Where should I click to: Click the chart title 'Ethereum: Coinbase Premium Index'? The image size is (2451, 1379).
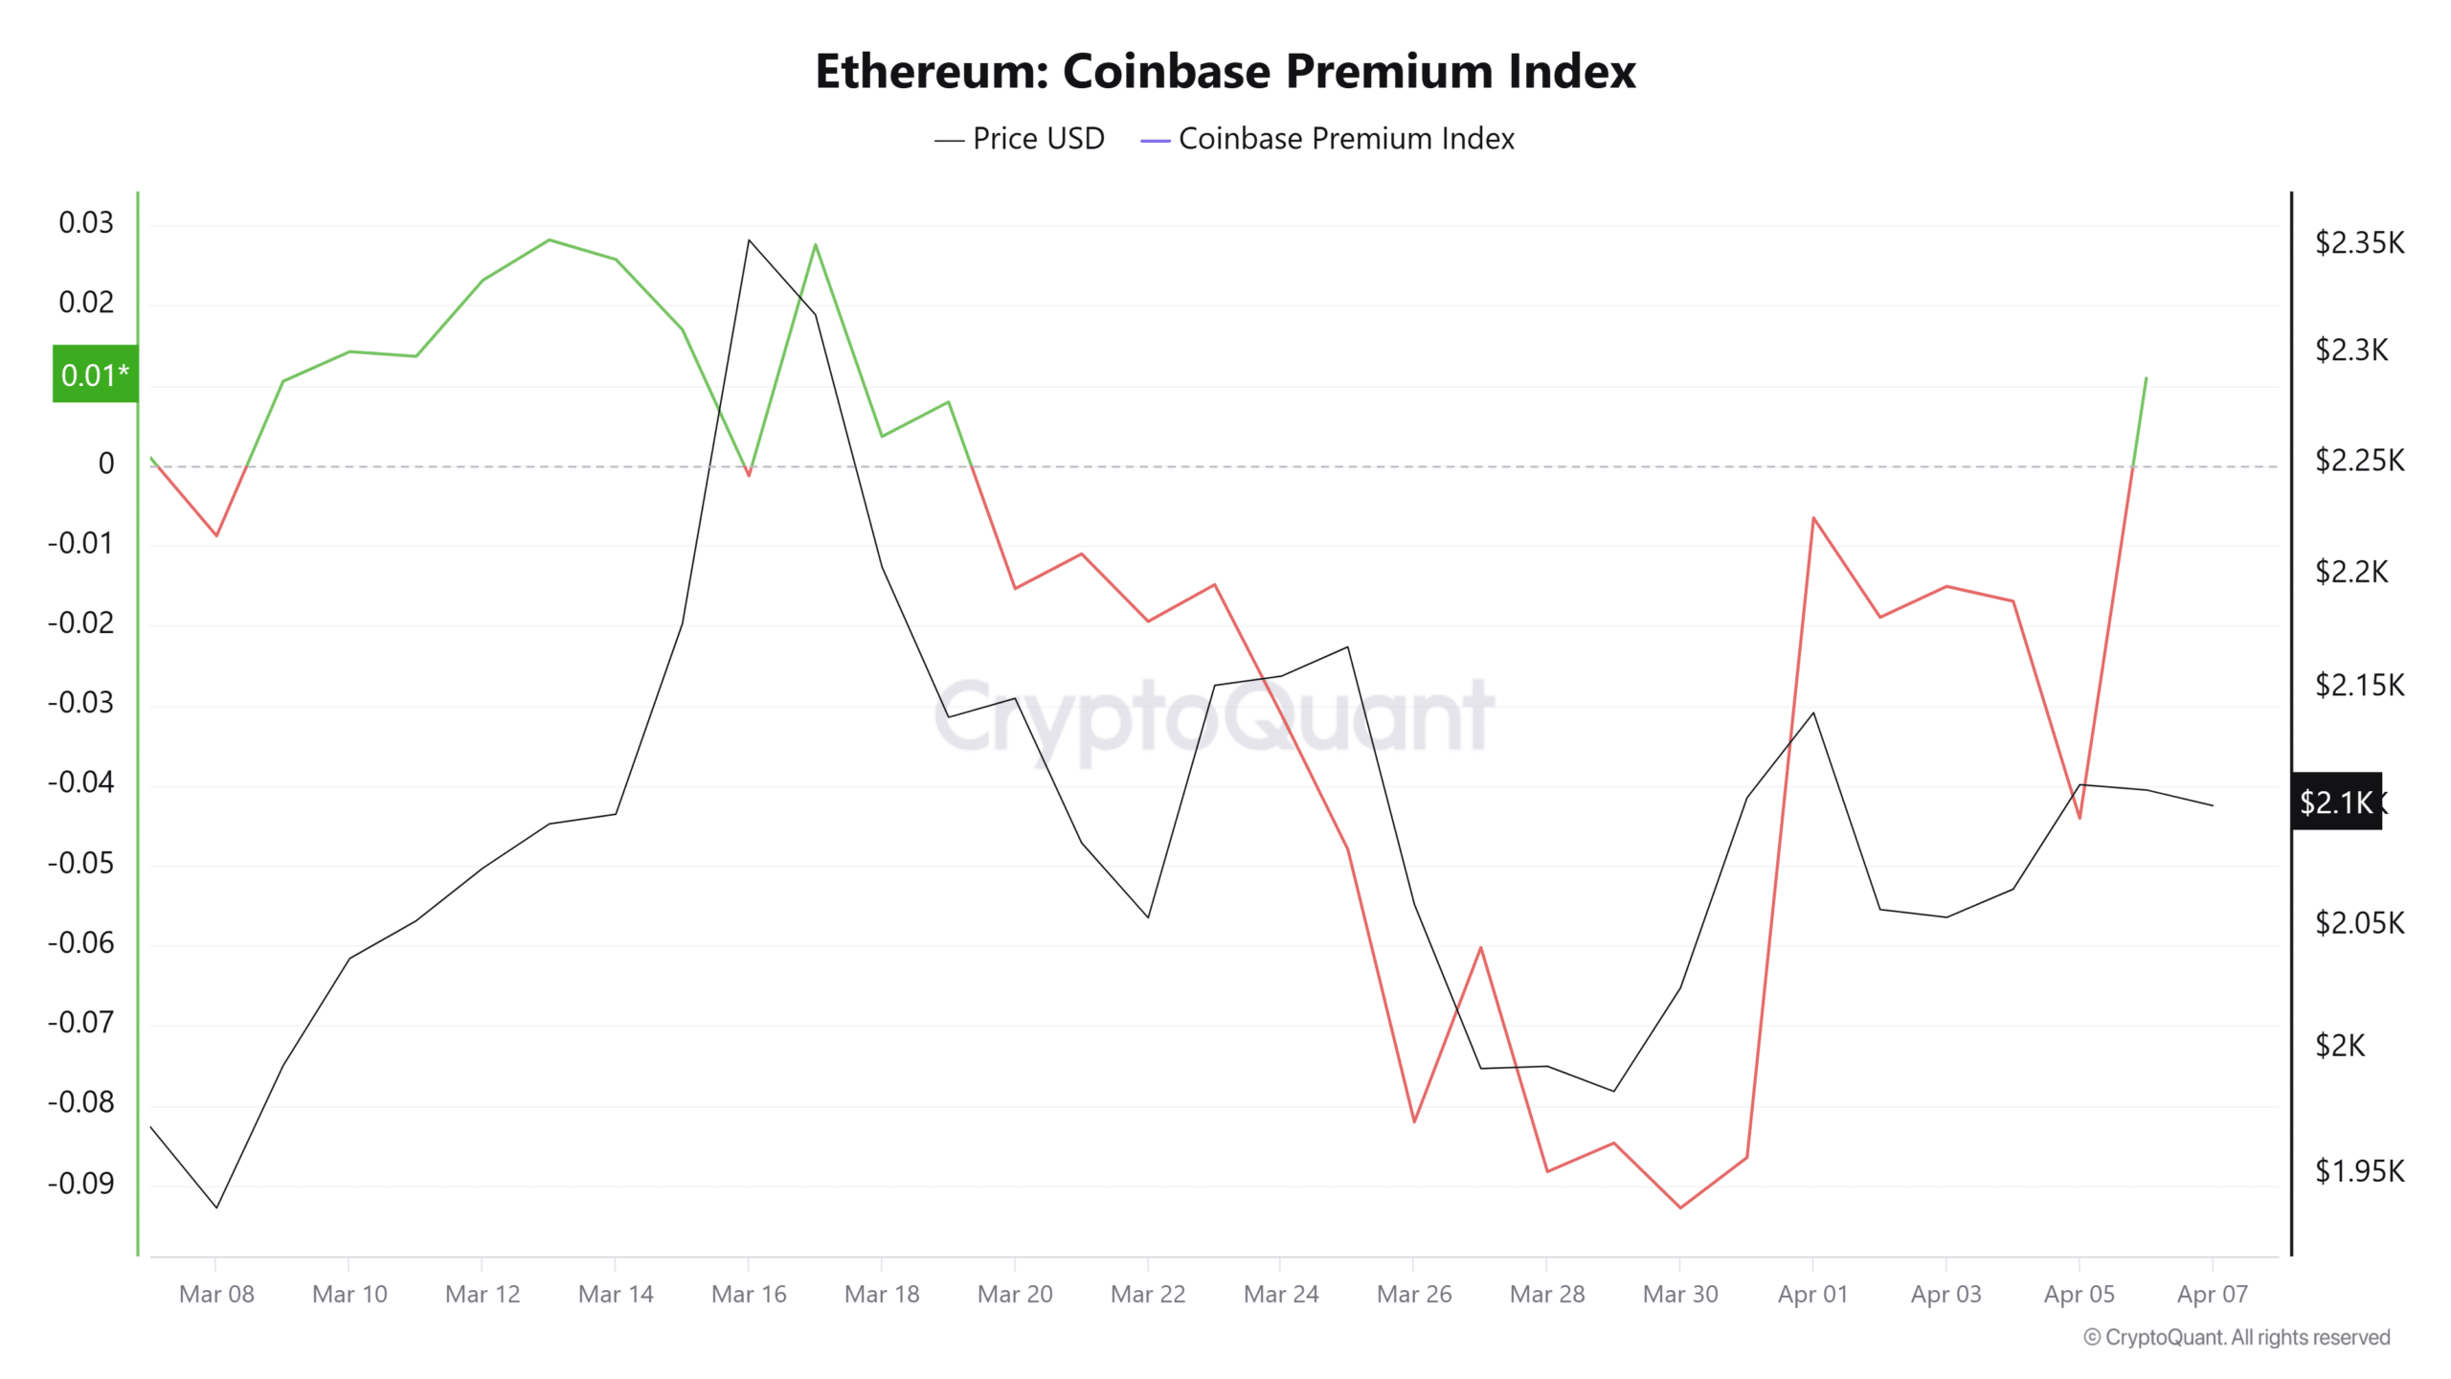pos(1225,72)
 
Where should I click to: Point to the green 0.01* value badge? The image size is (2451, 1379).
pos(95,374)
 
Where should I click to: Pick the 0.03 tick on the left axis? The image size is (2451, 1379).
pos(86,223)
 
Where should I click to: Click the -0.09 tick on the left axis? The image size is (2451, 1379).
pos(80,1184)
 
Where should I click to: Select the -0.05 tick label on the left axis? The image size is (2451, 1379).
pos(80,864)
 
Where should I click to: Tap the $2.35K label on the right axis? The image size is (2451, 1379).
pos(2359,243)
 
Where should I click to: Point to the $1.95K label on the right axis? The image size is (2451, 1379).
pos(2359,1171)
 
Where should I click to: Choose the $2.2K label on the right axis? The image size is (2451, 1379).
pos(2351,573)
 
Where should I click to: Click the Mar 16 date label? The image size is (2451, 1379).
pos(749,1295)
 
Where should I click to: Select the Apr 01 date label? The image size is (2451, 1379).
pos(1812,1295)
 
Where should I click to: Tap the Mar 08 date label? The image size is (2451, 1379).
pos(216,1295)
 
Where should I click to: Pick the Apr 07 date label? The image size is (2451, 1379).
pos(2212,1295)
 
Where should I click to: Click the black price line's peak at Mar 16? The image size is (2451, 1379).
pos(749,240)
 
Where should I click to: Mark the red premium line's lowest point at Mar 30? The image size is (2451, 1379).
pos(1680,1208)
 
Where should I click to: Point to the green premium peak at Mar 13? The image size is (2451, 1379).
pos(550,239)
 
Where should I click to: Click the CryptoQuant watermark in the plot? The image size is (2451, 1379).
pos(1213,716)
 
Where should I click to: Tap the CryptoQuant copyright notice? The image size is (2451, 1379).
pos(2237,1338)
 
